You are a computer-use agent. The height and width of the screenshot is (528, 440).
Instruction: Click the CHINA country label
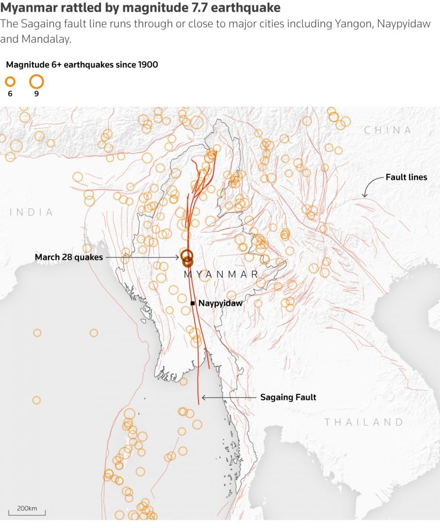point(388,130)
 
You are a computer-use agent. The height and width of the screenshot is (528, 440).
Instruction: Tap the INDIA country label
point(31,212)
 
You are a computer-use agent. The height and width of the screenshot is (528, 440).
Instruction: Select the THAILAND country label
point(364,422)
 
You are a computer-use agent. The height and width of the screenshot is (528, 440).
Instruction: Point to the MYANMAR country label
point(221,274)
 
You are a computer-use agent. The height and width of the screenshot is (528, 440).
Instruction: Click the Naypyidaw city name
point(220,304)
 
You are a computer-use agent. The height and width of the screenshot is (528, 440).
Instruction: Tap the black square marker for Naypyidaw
point(193,303)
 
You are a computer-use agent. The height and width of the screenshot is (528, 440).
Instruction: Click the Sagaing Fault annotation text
point(288,397)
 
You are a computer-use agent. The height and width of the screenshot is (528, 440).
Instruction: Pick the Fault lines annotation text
point(406,177)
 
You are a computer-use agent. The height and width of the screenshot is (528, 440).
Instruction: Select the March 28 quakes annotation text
point(69,257)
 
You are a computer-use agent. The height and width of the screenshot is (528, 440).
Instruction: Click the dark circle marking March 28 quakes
point(187,256)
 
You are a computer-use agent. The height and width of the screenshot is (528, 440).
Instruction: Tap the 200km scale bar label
point(27,508)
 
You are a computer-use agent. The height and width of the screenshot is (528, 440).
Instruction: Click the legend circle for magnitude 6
point(10,81)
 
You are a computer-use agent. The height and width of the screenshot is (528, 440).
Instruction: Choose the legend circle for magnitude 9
point(36,81)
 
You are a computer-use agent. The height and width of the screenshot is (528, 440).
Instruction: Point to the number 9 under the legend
point(36,94)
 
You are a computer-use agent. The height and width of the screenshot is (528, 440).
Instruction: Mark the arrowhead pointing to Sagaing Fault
point(203,398)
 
